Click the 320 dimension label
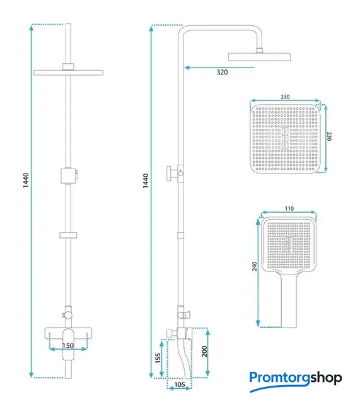[222, 72]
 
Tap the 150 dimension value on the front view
[68, 345]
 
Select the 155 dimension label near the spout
[158, 358]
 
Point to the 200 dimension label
[204, 352]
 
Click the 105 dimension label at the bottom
[180, 384]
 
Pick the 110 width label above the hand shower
[289, 208]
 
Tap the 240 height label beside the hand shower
[255, 266]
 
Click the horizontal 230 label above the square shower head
[285, 97]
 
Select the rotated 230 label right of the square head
[329, 136]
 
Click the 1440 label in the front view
[26, 181]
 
